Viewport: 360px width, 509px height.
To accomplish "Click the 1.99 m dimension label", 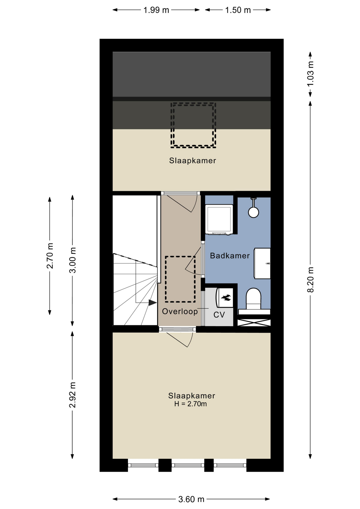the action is click(156, 10).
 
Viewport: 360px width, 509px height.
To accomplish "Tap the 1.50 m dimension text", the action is click(238, 10).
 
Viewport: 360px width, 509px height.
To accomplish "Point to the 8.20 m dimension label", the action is click(310, 280).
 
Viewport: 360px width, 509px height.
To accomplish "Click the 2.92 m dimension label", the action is click(72, 395).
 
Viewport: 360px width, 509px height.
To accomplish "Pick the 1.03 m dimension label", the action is click(310, 74).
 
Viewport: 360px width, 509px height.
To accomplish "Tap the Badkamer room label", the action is click(230, 256).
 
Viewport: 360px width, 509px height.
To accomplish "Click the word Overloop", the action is click(180, 311).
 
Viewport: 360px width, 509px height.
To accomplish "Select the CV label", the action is click(219, 315).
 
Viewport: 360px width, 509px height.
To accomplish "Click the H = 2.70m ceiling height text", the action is click(190, 404).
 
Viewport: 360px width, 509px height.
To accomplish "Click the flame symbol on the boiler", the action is click(226, 298).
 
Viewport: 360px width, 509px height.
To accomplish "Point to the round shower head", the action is click(253, 212).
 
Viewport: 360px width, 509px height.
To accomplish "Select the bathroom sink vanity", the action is click(262, 263).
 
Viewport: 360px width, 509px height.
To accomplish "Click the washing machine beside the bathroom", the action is click(219, 220).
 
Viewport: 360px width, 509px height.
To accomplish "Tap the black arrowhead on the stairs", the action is click(152, 302).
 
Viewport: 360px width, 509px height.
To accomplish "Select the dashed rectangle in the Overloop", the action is click(180, 279).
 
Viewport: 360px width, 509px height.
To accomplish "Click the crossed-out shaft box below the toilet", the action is click(254, 323).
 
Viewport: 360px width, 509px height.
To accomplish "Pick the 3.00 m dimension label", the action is click(72, 260).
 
